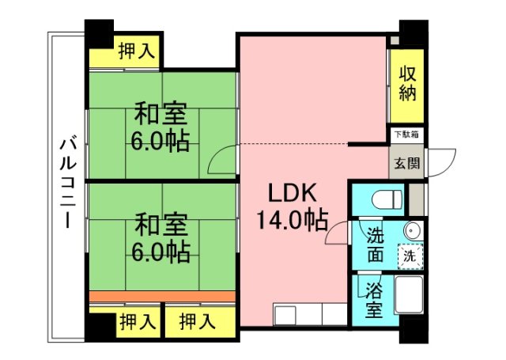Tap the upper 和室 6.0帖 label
(160, 127)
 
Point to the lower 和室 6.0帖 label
(160, 238)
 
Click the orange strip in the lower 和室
(161, 296)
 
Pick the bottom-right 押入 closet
(198, 321)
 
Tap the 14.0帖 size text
(291, 221)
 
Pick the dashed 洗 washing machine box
(410, 256)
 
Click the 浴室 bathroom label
(373, 300)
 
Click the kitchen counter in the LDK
(309, 314)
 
